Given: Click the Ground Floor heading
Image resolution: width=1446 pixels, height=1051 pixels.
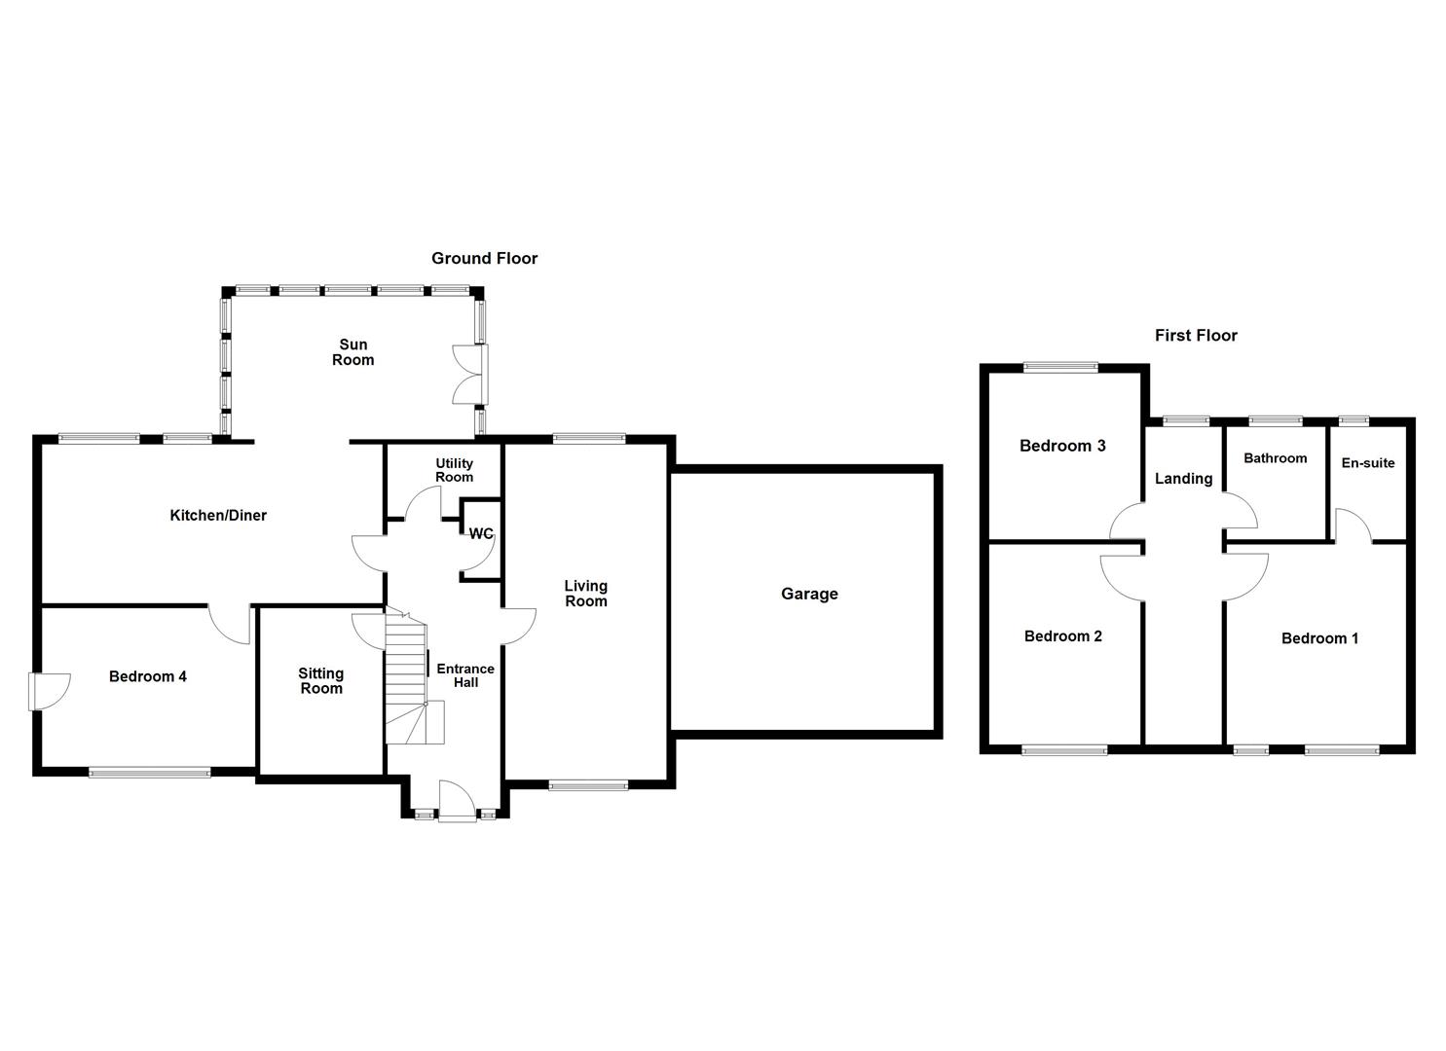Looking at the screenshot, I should pos(484,258).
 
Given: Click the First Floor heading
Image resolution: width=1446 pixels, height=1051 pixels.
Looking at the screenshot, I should pos(1196,336).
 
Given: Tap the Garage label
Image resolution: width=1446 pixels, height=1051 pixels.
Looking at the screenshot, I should pos(809,594).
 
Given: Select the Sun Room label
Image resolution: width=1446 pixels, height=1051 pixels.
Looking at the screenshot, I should pos(352,352).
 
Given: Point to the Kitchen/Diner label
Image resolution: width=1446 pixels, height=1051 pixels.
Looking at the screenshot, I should pos(218,516).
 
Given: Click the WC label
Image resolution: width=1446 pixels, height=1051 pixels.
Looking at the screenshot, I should pos(481,534).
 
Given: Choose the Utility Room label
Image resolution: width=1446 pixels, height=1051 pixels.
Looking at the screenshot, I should pos(454,470).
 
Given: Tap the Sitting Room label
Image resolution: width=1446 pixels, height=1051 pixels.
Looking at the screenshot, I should pos(320,681).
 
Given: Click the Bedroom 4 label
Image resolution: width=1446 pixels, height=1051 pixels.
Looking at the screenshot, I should pos(148,676).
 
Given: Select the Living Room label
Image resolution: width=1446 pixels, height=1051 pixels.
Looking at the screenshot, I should pos(585,594).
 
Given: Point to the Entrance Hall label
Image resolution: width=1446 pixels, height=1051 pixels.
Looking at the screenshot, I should pos(464,675).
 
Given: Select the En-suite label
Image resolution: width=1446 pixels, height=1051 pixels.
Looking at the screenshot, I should pos(1368,463).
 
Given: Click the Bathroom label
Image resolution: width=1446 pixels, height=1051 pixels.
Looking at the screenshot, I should pos(1275,458).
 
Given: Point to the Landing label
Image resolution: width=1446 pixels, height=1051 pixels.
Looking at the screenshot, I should pos(1183,479).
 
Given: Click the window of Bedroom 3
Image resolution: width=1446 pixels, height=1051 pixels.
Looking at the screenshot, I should pos(1060,368).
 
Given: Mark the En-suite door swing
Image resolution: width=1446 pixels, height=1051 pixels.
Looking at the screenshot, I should pos(1353,525).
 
